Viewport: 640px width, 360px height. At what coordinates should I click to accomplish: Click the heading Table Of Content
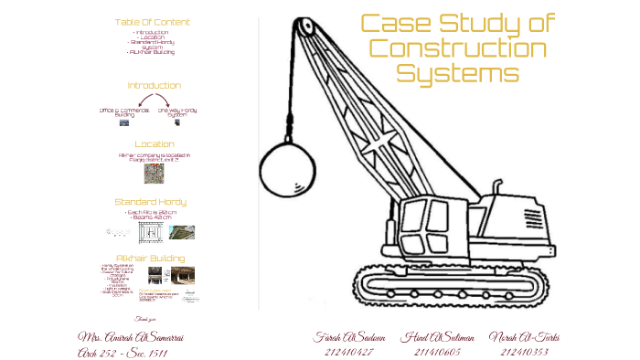point(153,21)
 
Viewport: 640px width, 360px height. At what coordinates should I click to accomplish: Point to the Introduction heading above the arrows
point(154,85)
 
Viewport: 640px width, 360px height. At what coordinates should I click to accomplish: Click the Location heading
point(154,143)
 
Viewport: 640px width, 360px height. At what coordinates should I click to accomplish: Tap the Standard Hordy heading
point(151,201)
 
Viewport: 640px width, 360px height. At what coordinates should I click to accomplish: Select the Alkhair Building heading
point(150,258)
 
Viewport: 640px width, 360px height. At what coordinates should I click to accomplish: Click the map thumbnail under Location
point(154,174)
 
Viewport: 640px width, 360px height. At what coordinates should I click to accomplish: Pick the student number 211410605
point(437,351)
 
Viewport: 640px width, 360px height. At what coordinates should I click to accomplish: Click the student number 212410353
point(523,351)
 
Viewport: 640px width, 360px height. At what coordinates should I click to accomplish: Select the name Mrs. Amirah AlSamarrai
point(131,337)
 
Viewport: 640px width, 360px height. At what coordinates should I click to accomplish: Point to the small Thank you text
point(146,319)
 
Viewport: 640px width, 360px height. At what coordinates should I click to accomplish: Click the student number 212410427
point(348,351)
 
